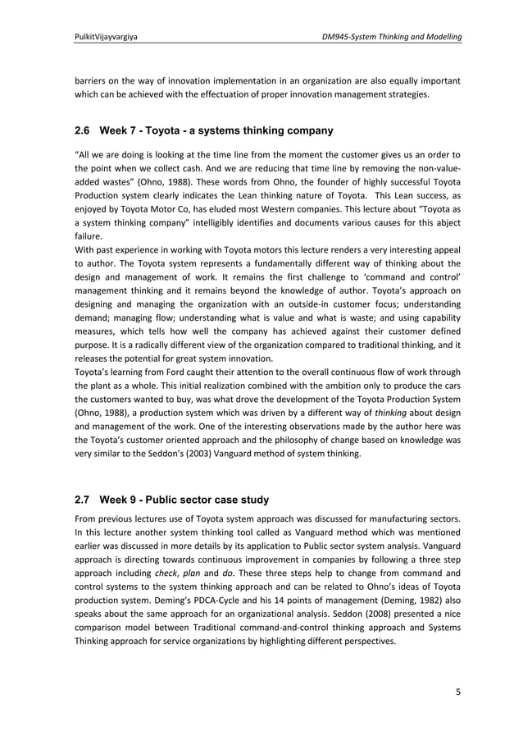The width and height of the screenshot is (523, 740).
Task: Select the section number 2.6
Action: click(84, 130)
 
